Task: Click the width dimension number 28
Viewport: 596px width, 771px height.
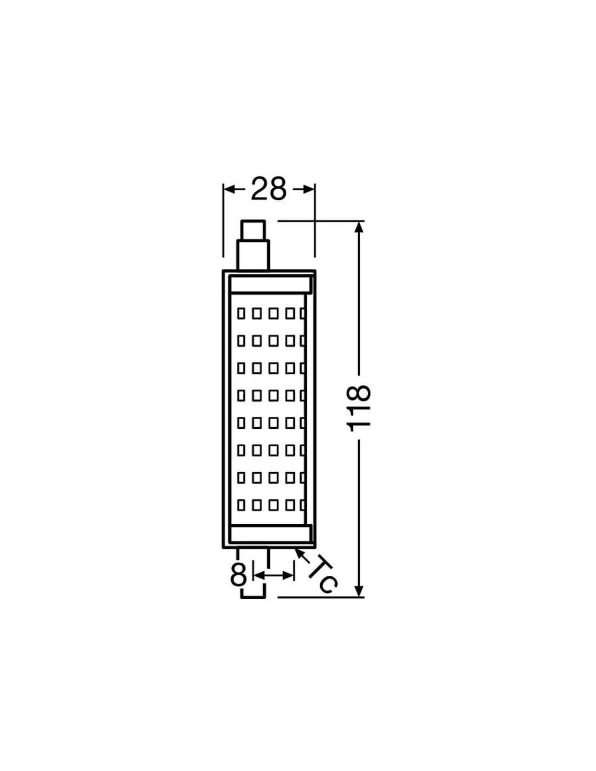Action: point(268,189)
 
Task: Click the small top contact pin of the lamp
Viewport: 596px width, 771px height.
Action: point(252,230)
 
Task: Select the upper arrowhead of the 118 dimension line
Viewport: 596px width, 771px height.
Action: point(359,227)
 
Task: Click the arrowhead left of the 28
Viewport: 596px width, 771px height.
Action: point(229,189)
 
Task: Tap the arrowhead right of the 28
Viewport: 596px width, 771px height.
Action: point(309,189)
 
